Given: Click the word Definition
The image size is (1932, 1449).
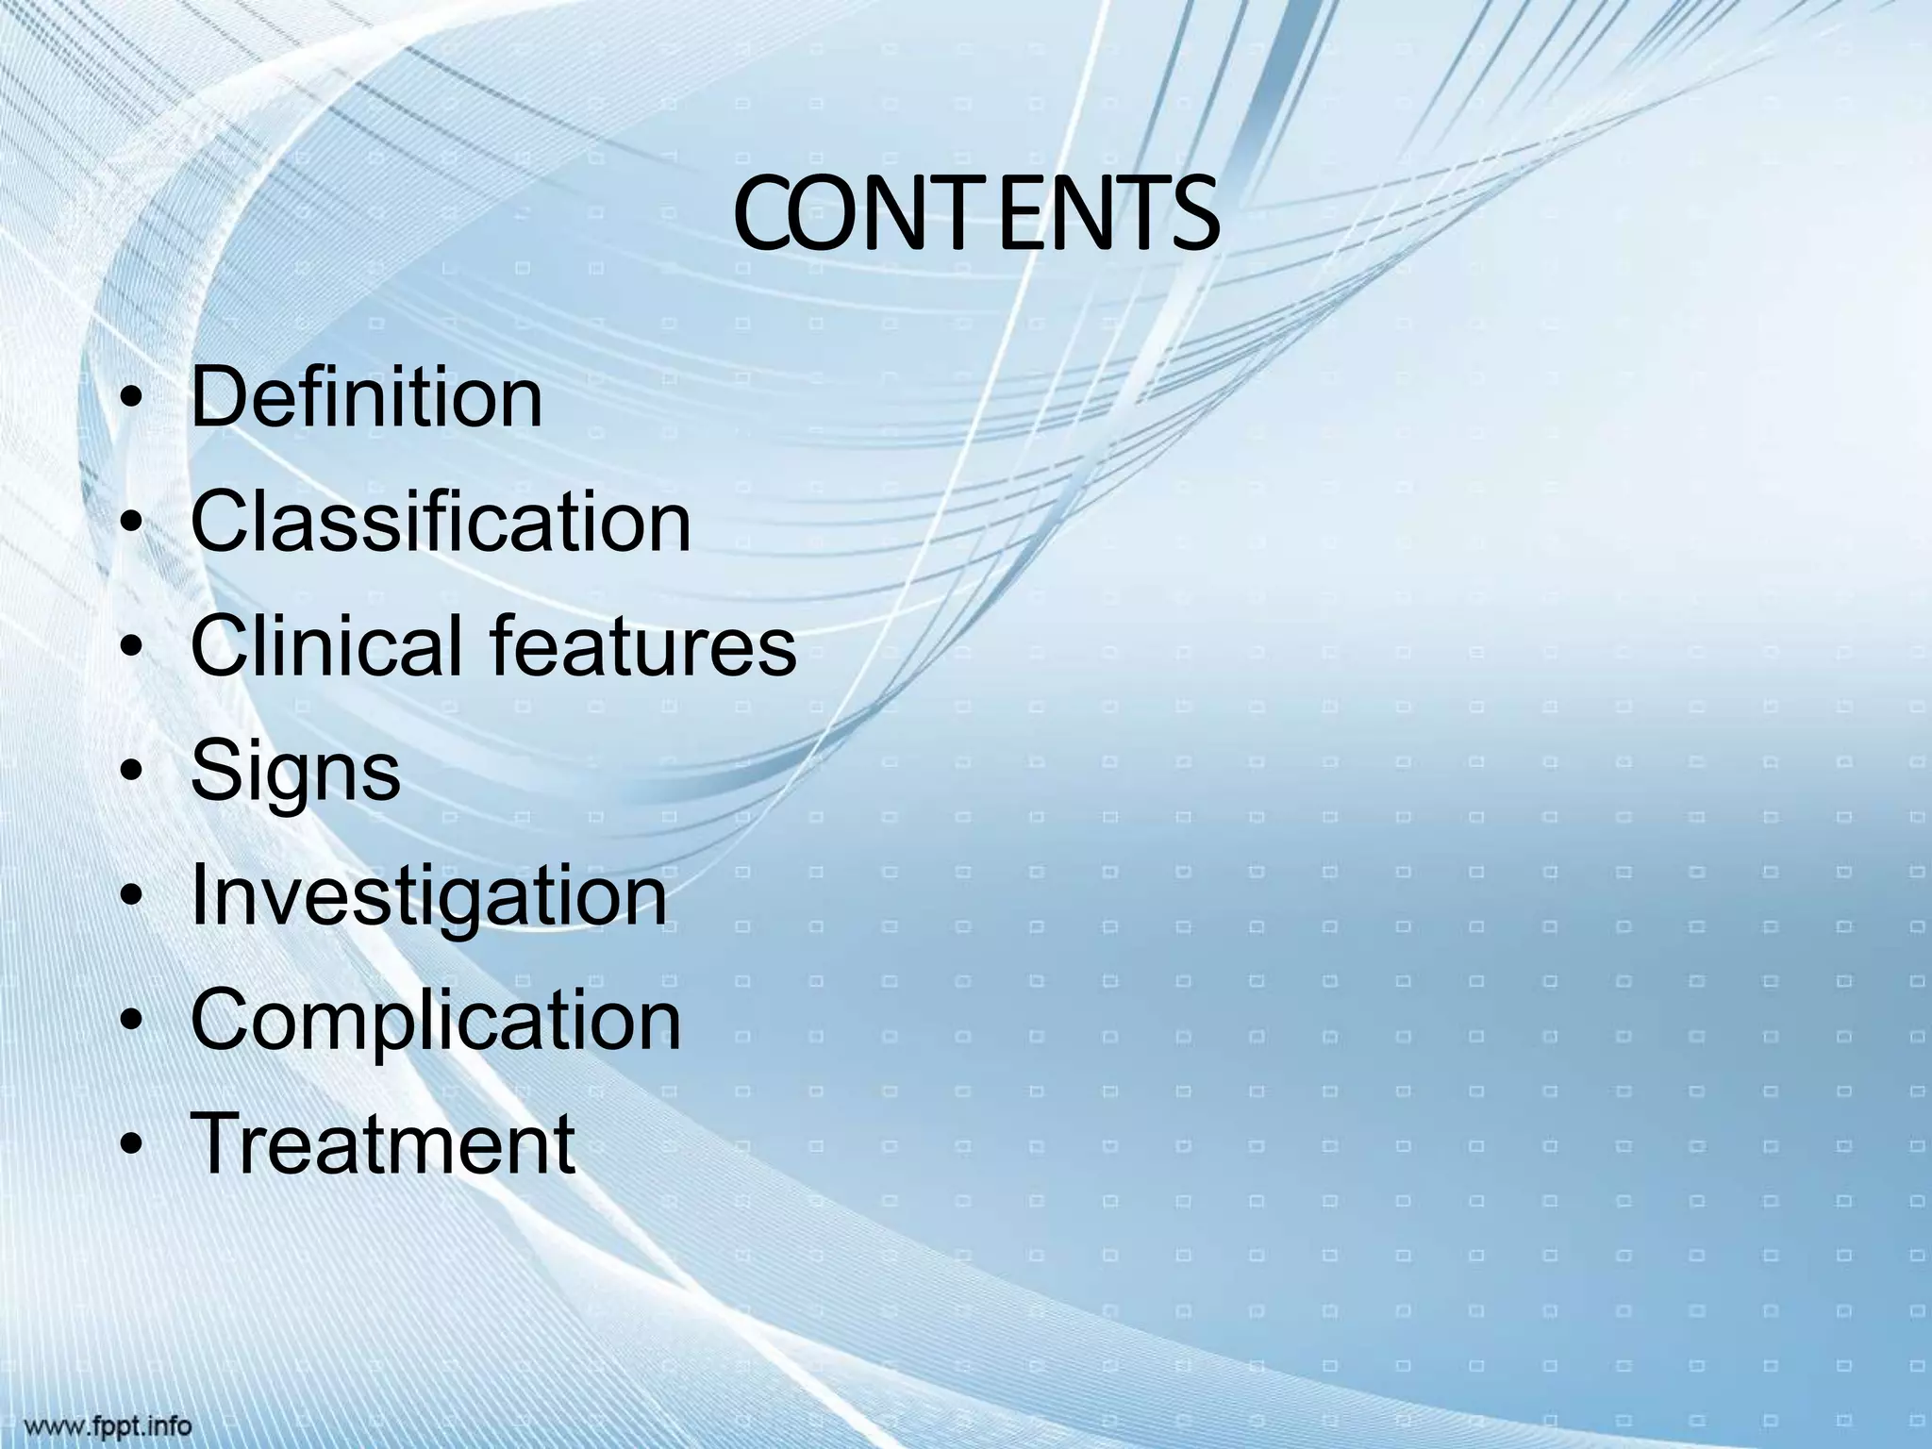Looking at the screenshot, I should click(x=367, y=398).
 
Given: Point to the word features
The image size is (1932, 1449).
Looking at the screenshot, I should click(x=643, y=646).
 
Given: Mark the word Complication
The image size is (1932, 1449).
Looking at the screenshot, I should click(x=436, y=1022).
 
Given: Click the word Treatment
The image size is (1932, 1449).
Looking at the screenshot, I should click(x=383, y=1143).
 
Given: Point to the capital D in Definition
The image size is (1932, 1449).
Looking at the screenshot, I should click(x=220, y=398).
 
